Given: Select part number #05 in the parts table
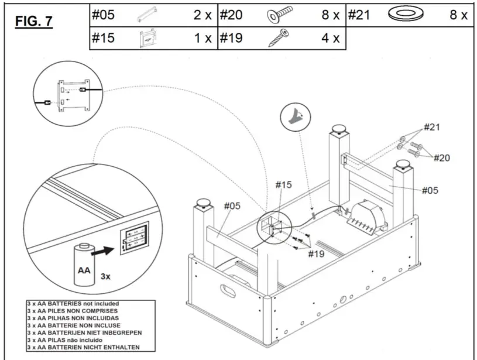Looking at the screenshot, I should pyautogui.click(x=102, y=15).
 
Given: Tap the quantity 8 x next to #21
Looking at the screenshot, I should pyautogui.click(x=458, y=15).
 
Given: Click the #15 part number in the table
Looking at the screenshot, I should pyautogui.click(x=102, y=39).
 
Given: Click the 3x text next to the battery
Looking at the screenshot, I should pyautogui.click(x=105, y=276).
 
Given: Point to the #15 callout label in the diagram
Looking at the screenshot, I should pyautogui.click(x=284, y=185).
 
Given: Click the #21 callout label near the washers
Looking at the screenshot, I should pyautogui.click(x=432, y=127).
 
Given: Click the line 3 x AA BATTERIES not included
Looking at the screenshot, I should pyautogui.click(x=73, y=304).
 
